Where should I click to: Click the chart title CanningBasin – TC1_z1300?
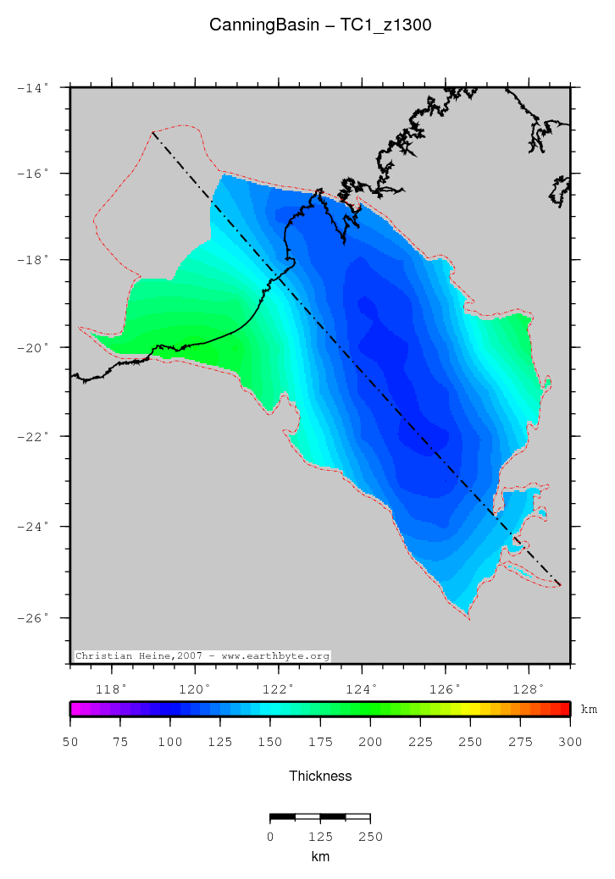320,25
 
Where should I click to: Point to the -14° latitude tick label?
35,87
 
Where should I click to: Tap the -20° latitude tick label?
35,347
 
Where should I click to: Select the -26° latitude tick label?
35,617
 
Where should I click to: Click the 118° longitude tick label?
113,688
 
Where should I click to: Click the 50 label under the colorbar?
70,743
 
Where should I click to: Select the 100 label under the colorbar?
170,743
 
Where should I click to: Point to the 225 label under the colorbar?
420,743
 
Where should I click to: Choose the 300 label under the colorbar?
570,743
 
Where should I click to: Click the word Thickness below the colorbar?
320,776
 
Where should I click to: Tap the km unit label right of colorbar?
589,710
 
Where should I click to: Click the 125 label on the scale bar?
320,837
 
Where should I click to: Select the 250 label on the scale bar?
370,837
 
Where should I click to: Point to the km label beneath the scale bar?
320,856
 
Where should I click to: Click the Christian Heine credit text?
202,655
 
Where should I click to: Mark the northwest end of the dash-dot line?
152,132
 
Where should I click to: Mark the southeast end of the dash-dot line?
562,585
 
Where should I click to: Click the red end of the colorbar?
566,710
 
